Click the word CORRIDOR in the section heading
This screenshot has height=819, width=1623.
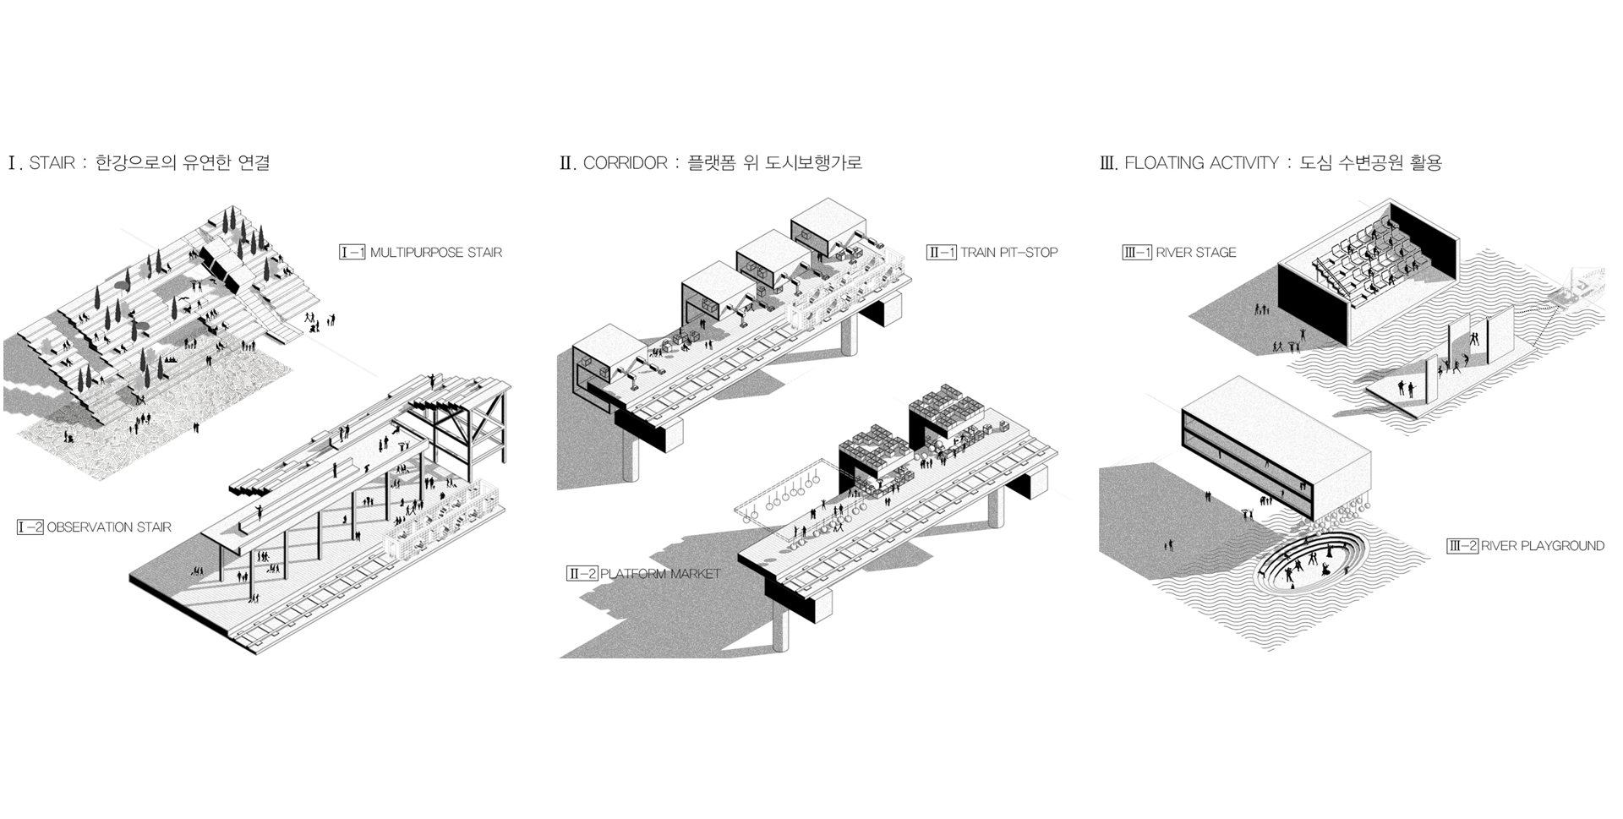tap(626, 163)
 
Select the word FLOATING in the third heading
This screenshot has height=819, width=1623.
tap(1162, 163)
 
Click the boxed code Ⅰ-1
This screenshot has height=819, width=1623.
tap(352, 252)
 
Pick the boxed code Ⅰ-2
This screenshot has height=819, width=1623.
tap(30, 527)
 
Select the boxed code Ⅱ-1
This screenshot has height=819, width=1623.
tap(941, 252)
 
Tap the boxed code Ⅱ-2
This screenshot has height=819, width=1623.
tap(582, 574)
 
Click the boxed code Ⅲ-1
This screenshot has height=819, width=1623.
tap(1137, 252)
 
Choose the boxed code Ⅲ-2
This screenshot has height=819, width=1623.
tap(1462, 546)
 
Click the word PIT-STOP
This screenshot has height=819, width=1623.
tap(1029, 252)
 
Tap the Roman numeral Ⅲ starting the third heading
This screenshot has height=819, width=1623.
tap(1107, 163)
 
